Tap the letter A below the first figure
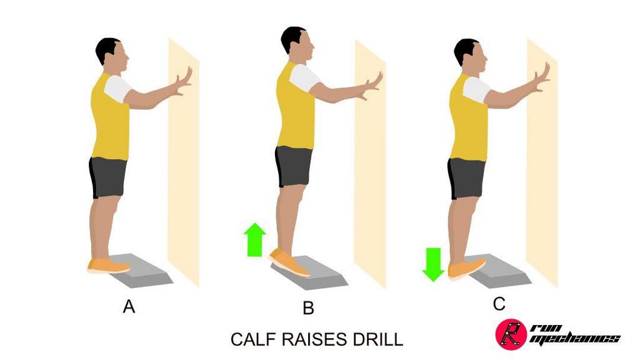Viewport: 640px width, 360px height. [129, 307]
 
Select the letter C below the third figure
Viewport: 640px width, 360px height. [499, 304]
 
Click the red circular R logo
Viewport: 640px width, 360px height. [509, 334]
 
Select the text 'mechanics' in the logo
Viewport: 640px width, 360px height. [573, 339]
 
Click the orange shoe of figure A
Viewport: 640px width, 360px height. [108, 266]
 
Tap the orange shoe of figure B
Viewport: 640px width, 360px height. [289, 262]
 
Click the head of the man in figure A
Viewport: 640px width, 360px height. [112, 56]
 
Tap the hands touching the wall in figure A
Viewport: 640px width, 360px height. [184, 82]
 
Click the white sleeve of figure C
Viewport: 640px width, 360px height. [476, 90]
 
